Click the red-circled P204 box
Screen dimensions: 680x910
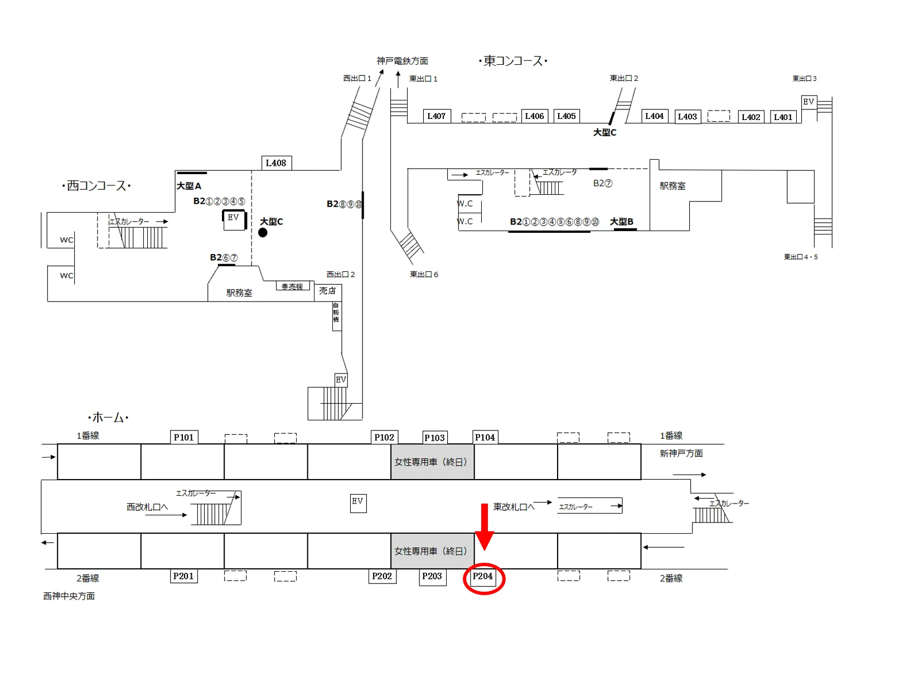click(x=483, y=577)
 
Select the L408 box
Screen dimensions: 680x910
click(x=276, y=163)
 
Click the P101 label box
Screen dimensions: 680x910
click(x=183, y=437)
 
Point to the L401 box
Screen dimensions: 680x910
click(x=783, y=117)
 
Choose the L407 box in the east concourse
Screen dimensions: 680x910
click(x=436, y=116)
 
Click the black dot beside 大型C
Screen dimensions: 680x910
click(x=263, y=233)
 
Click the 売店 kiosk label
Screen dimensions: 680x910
click(x=327, y=291)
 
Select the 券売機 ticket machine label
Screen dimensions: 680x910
click(x=292, y=286)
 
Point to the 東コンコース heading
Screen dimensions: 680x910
click(x=512, y=61)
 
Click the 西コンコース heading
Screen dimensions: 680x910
click(x=96, y=186)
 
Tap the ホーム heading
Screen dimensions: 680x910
click(x=108, y=418)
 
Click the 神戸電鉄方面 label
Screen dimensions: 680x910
click(x=402, y=61)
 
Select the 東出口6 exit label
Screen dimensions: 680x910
click(x=424, y=274)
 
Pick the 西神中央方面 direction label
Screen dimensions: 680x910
click(x=69, y=596)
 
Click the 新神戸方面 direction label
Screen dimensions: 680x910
click(x=681, y=453)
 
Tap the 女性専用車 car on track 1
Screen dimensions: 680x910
click(x=432, y=462)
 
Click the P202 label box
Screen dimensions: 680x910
click(x=382, y=576)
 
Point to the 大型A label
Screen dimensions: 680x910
click(x=189, y=186)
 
